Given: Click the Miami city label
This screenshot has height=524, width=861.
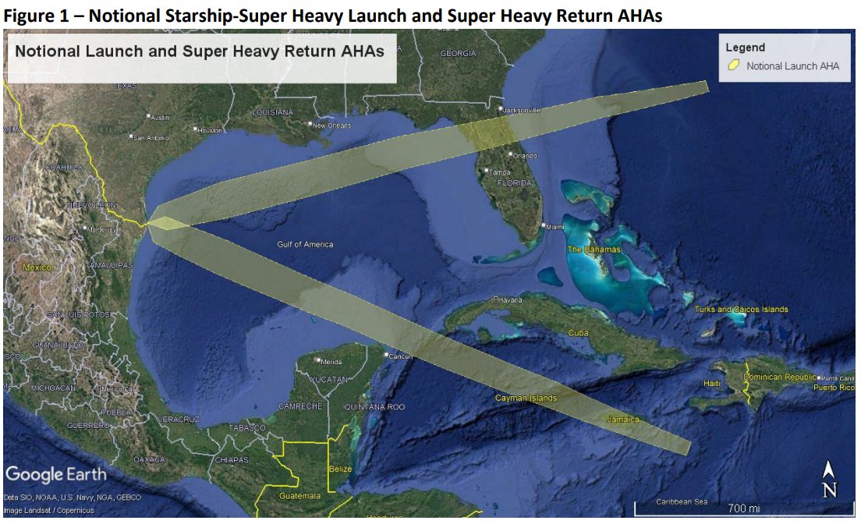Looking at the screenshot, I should [x=555, y=227].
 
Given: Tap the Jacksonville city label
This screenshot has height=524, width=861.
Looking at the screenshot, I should [x=520, y=111].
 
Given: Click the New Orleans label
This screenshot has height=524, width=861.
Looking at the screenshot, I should [x=332, y=126].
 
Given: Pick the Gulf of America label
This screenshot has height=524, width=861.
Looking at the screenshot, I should [x=305, y=245].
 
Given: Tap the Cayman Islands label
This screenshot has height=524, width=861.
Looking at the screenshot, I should [x=526, y=398].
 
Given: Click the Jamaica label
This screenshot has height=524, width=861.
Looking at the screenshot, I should [x=622, y=420].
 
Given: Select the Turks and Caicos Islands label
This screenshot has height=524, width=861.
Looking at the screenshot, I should [x=741, y=310].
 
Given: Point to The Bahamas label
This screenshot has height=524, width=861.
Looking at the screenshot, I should [x=593, y=250].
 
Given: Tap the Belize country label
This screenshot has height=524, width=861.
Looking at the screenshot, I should [x=340, y=469].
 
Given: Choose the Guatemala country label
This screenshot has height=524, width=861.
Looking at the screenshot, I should [x=299, y=496].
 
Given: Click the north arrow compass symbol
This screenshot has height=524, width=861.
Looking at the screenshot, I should [x=830, y=480].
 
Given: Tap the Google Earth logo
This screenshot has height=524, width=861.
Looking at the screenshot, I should [x=55, y=474].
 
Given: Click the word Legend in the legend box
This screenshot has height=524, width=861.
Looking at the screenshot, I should [x=746, y=48].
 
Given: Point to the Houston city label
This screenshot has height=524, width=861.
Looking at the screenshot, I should [x=211, y=131].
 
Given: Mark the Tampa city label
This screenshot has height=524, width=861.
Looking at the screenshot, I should [x=499, y=172].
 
